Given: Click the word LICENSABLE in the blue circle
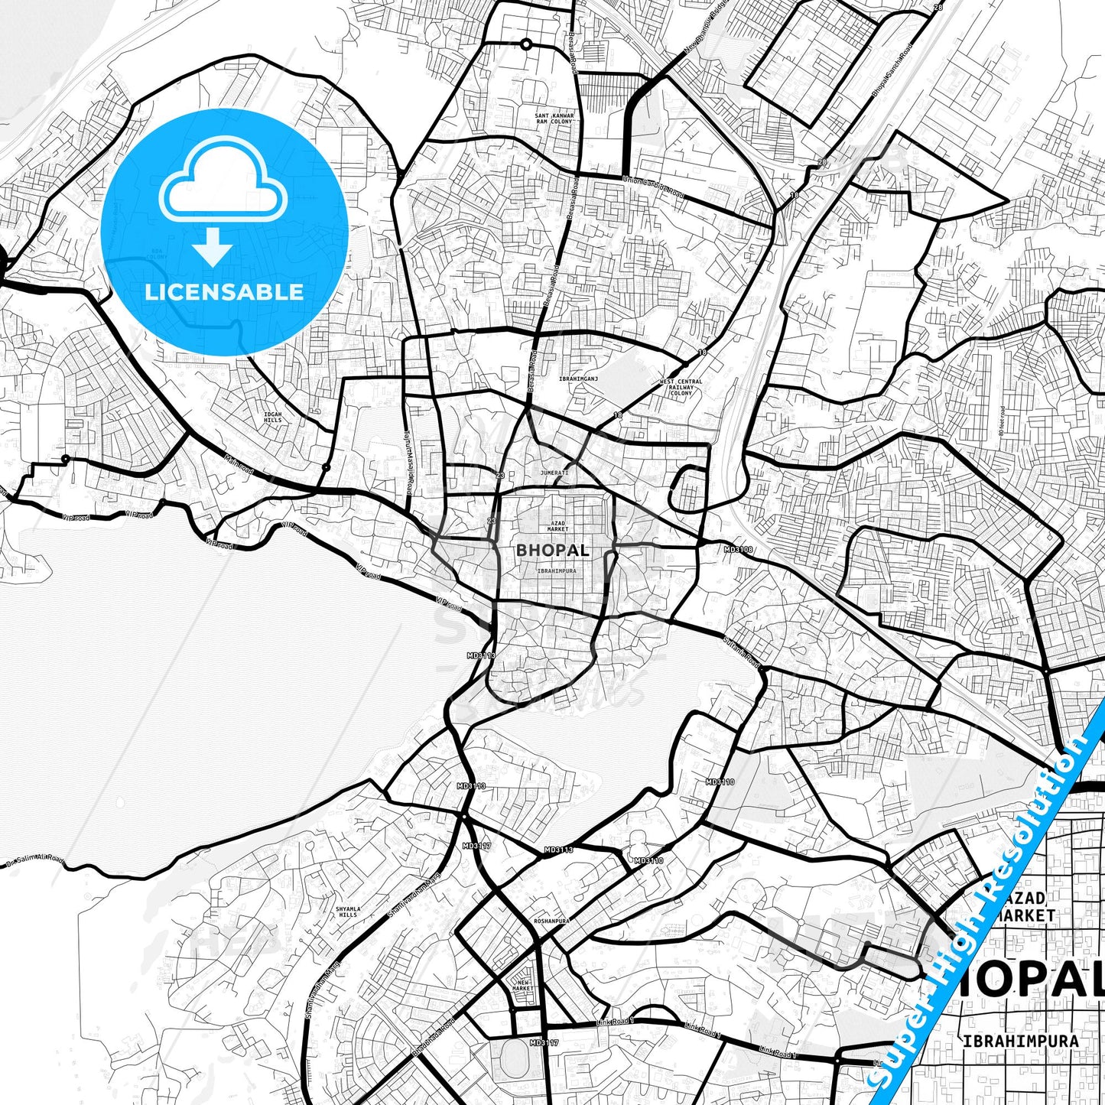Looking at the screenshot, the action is point(224,292).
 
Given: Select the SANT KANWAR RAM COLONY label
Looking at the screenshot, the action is point(554,119).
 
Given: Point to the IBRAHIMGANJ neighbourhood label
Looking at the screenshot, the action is point(578,379).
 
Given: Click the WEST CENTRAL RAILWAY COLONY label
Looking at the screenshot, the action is point(681,387).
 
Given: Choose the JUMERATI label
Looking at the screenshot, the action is point(554,473).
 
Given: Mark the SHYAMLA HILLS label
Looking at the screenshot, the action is point(347,912).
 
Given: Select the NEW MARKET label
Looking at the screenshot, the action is point(523,986).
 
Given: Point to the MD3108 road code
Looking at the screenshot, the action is point(738,549).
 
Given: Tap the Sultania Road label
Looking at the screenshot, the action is point(741,650).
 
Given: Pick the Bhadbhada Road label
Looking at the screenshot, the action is point(433,1038).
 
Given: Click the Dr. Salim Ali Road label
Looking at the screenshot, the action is point(34,861).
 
